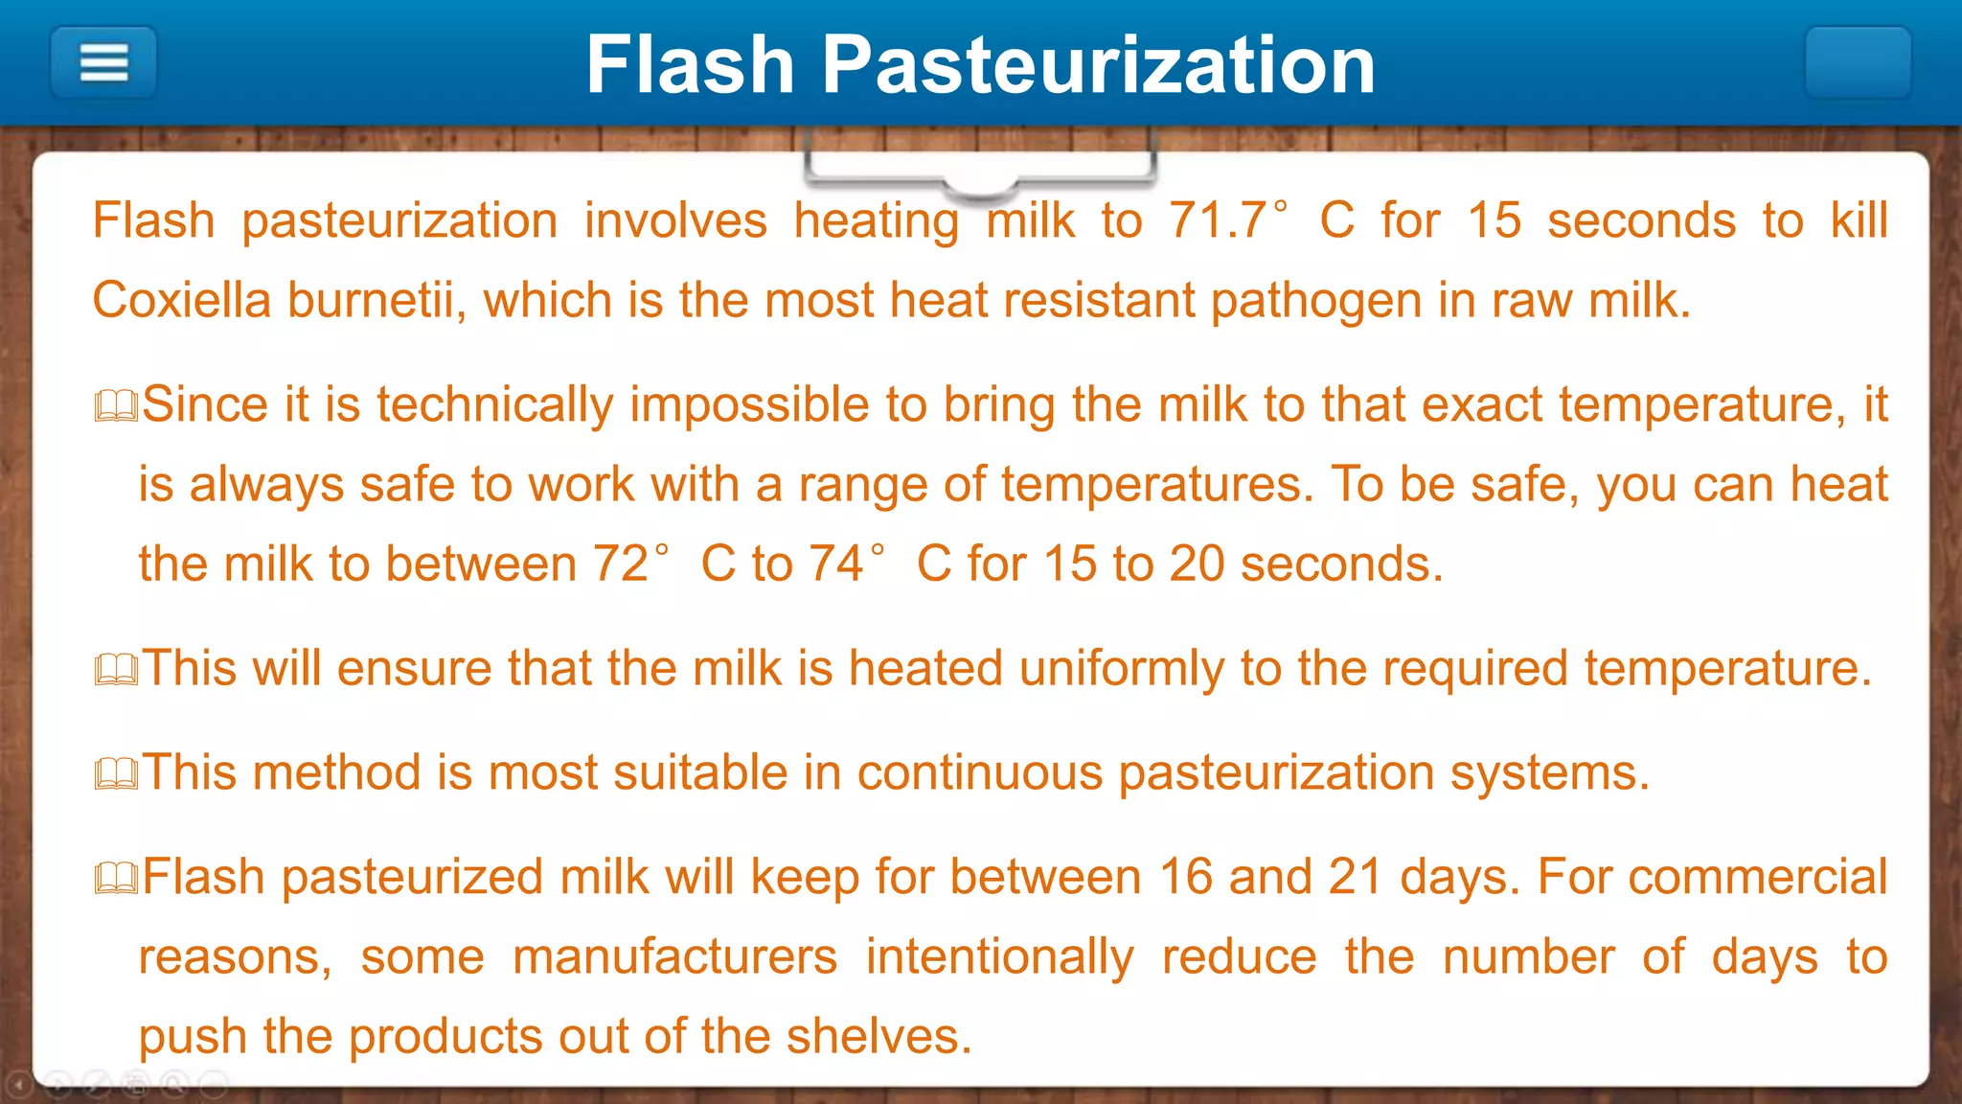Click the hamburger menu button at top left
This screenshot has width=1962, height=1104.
coord(103,63)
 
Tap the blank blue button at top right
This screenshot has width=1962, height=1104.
coord(1858,63)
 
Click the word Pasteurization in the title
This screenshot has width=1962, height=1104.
coord(1099,65)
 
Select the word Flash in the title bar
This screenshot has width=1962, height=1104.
coord(690,65)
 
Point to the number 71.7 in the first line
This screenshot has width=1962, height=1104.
coord(1218,220)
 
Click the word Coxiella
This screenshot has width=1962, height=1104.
coord(182,300)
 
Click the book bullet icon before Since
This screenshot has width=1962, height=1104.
coord(117,406)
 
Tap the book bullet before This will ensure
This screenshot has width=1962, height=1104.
coord(117,670)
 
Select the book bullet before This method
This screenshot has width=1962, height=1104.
coord(117,774)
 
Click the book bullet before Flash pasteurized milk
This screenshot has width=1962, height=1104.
coord(117,879)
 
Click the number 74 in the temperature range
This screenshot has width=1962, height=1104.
coord(836,563)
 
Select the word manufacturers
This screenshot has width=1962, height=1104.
coord(674,956)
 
